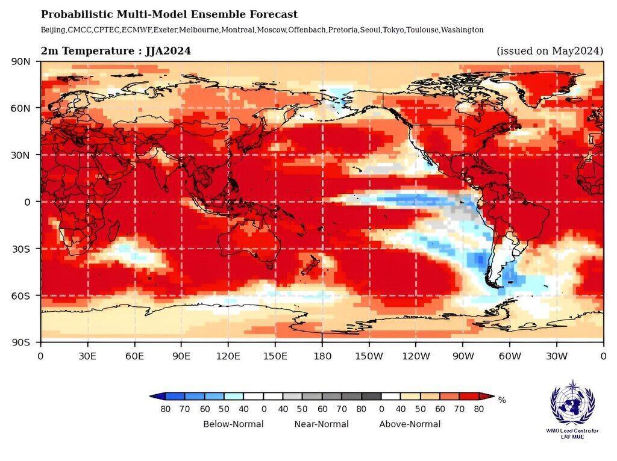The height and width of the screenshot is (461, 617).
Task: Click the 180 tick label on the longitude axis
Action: tap(322, 356)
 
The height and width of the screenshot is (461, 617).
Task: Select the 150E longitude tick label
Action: tap(275, 356)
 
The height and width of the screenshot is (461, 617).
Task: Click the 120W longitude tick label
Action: tap(416, 356)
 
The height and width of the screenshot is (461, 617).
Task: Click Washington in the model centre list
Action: tap(462, 29)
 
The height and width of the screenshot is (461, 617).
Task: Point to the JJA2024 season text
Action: tap(168, 51)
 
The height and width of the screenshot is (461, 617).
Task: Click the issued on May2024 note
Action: tap(550, 51)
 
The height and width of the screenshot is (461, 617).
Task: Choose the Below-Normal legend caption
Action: tap(233, 424)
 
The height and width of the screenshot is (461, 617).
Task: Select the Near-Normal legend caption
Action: tap(321, 424)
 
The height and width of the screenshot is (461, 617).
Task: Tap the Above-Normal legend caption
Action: tap(410, 424)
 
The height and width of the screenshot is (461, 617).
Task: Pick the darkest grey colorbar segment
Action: tap(371, 396)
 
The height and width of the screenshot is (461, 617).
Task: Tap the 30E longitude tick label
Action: tap(87, 356)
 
